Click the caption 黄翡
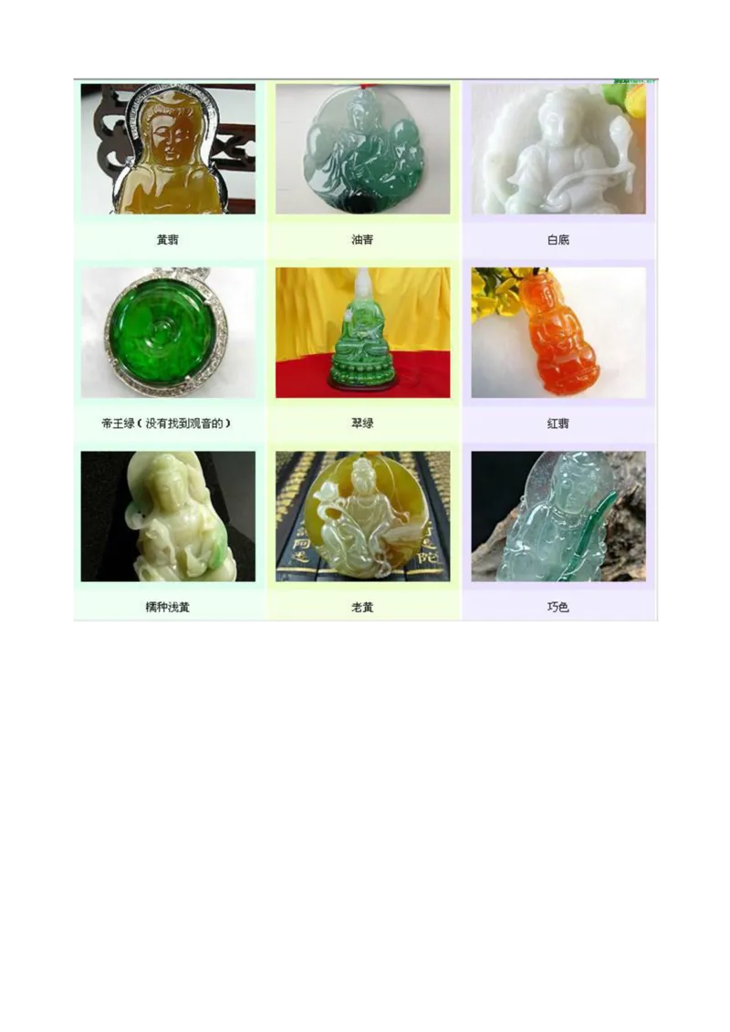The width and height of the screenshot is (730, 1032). point(167,240)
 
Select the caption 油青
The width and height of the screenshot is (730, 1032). point(362,240)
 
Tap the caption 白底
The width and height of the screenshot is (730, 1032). point(558,240)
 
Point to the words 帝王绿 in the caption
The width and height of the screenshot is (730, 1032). point(120,423)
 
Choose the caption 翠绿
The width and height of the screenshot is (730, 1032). point(362,423)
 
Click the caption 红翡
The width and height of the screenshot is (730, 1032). point(558,423)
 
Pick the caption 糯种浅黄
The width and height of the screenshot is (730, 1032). point(167,607)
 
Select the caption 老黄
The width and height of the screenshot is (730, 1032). point(362,607)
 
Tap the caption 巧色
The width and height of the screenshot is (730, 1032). point(558,607)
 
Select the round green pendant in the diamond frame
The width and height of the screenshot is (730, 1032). point(165,332)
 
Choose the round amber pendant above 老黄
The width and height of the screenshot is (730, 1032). point(363,516)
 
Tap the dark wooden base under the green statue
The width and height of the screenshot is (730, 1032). point(362,386)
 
